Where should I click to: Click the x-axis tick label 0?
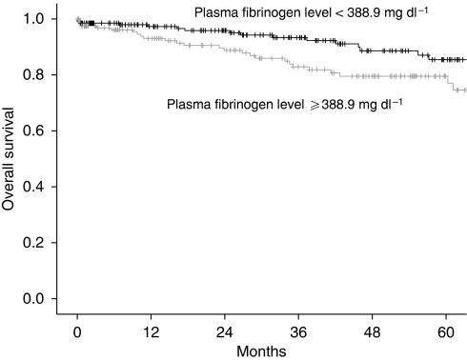(77, 331)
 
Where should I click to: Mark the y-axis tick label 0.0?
(34, 299)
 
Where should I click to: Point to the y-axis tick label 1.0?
(34, 18)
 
